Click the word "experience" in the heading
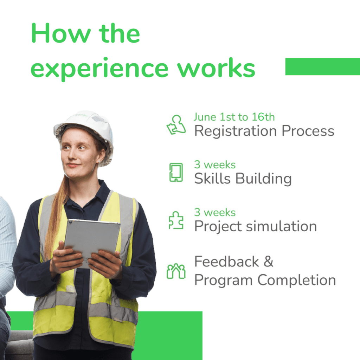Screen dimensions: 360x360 [x=99, y=69]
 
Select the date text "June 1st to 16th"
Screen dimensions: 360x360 [x=234, y=117]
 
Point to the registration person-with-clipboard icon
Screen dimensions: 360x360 [x=176, y=125]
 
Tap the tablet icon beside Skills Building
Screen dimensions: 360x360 [x=176, y=172]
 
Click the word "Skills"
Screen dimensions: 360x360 [x=212, y=178]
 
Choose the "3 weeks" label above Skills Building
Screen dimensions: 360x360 [x=215, y=165]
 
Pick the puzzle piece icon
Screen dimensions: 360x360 [x=176, y=220]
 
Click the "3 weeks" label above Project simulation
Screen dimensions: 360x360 [x=215, y=212]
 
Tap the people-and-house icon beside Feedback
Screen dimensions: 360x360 [x=176, y=271]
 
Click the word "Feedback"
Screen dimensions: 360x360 [x=227, y=262]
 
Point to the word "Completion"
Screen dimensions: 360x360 [x=297, y=280]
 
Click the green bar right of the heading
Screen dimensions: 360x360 [x=323, y=66]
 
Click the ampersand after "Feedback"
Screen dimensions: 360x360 [x=269, y=262]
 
